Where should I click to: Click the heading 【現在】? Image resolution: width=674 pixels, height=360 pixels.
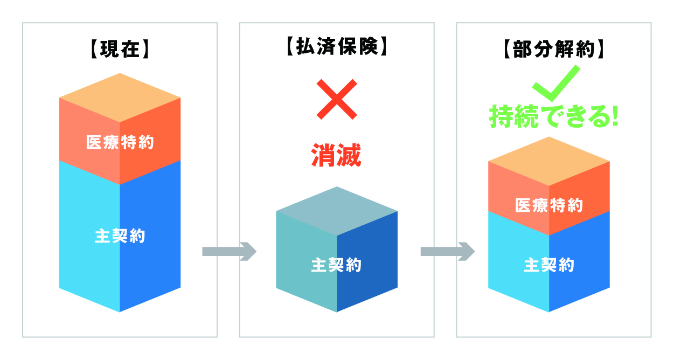coord(120,50)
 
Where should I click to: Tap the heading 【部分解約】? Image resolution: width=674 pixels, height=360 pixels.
coord(554,50)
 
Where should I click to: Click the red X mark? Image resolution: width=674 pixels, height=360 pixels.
coord(337,99)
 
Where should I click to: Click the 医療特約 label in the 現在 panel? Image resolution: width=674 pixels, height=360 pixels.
coord(120,143)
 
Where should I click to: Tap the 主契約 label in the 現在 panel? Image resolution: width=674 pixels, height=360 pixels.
coord(120,236)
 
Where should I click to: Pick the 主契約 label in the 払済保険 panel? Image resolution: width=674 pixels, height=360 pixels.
coord(336,265)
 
